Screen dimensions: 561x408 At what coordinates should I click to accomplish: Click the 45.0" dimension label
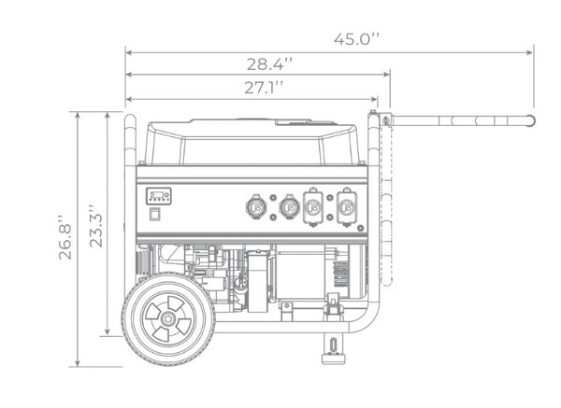tap(356, 39)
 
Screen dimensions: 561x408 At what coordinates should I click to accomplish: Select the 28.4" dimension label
tap(269, 63)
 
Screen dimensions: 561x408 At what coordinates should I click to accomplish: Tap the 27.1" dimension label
tap(264, 88)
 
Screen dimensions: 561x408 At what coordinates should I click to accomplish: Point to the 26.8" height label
tap(65, 237)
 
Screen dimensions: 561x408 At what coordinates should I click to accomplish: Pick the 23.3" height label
tap(95, 226)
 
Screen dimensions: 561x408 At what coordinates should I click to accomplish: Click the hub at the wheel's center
tap(167, 318)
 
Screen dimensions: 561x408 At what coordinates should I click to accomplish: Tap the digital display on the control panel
tap(159, 196)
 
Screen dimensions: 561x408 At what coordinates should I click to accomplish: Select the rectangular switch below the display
tap(155, 215)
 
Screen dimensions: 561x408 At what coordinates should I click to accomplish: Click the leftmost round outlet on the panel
tap(256, 206)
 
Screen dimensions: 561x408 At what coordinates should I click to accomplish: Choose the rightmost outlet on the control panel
tap(346, 207)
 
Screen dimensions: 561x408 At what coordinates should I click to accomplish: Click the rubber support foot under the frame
tap(334, 359)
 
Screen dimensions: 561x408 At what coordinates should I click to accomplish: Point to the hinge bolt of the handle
tap(385, 120)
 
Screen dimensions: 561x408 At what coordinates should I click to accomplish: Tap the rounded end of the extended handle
tap(531, 120)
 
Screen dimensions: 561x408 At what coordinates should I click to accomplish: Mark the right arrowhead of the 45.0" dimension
tap(529, 52)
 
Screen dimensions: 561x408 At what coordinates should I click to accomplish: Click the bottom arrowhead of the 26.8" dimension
tap(77, 362)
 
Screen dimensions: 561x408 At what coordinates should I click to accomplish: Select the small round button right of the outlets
tap(360, 228)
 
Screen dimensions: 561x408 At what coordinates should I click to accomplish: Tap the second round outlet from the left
tap(290, 206)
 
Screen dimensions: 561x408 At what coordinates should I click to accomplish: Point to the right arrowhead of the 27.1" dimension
tap(374, 99)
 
